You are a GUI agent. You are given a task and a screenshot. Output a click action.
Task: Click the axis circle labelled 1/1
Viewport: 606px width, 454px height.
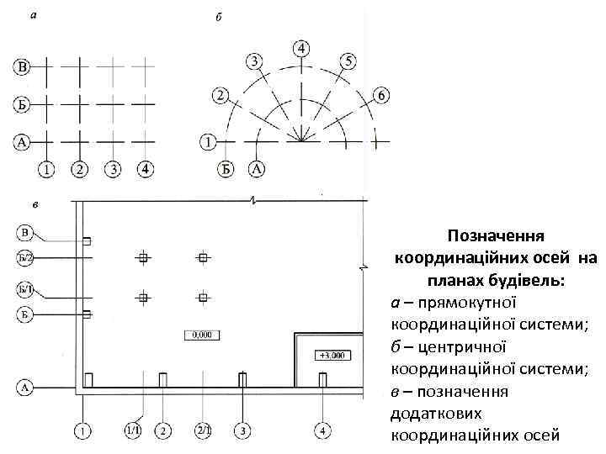point(133,431)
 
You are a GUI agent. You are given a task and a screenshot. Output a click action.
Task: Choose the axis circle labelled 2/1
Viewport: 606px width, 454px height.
point(203,431)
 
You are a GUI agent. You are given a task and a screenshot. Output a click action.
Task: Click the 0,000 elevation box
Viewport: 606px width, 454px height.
point(202,335)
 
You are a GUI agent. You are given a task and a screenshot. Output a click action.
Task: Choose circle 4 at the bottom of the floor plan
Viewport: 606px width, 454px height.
point(323,431)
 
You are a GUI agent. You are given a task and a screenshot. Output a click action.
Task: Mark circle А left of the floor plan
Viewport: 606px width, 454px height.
point(25,388)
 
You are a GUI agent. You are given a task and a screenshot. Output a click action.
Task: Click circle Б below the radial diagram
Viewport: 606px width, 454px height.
point(226,169)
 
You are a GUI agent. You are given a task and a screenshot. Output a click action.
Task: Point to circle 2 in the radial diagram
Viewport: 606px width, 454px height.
point(221,95)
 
